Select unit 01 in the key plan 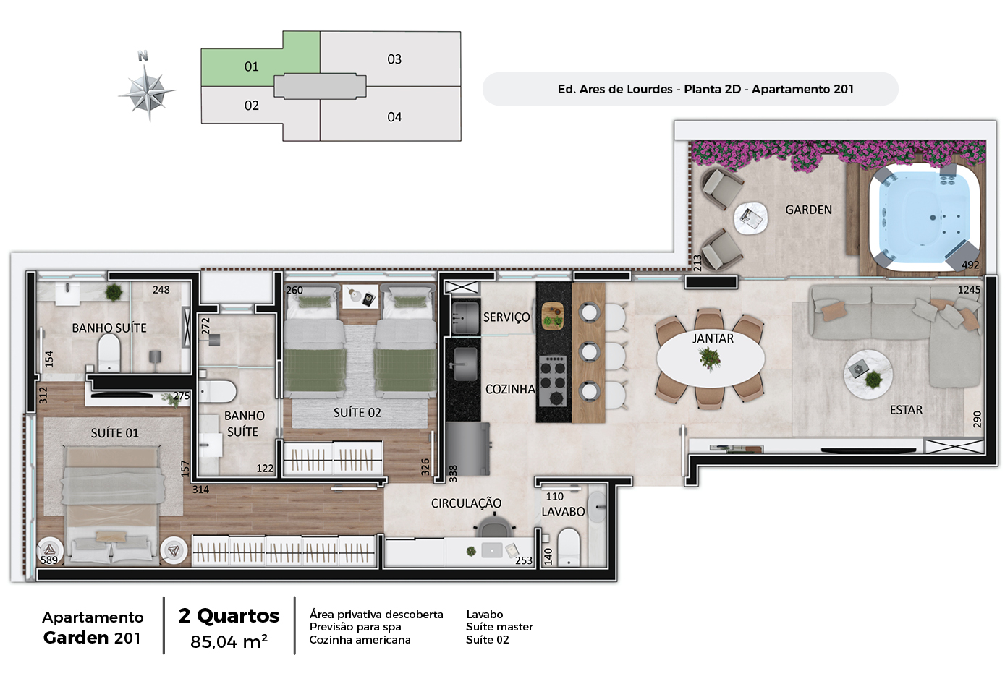click(x=251, y=67)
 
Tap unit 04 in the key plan click(x=394, y=117)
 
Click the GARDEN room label click(x=808, y=210)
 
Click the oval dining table click(x=711, y=359)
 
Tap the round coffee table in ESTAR click(x=868, y=375)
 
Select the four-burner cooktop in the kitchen click(x=553, y=381)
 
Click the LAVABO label click(x=563, y=512)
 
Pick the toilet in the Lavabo click(x=569, y=547)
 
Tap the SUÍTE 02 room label click(x=357, y=413)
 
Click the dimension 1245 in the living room click(x=969, y=290)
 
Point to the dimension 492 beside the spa click(x=970, y=265)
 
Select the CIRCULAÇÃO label click(x=466, y=503)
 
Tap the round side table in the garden click(x=750, y=218)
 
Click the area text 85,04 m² click(x=229, y=641)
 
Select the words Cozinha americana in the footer click(x=360, y=640)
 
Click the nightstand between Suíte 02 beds click(x=360, y=296)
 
